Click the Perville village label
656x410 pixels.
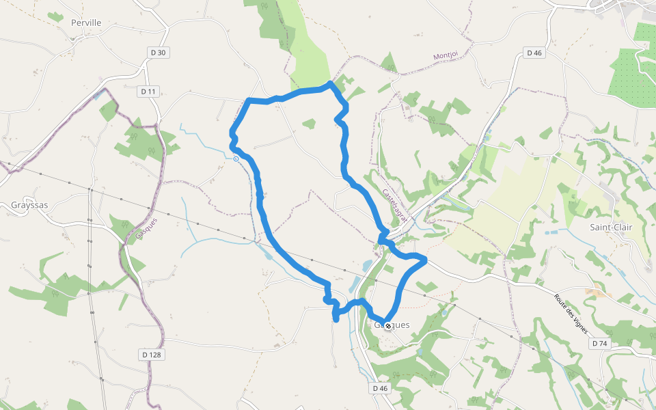(86, 23)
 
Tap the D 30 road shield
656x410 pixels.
(157, 53)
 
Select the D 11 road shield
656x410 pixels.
(148, 92)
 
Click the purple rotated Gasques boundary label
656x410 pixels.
(146, 228)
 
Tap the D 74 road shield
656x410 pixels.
(599, 343)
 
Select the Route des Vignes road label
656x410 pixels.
(571, 314)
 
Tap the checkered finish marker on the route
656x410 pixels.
(387, 326)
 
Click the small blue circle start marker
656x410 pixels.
(236, 159)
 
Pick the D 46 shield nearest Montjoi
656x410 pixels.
(534, 53)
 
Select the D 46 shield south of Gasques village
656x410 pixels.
(380, 388)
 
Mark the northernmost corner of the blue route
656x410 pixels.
(331, 83)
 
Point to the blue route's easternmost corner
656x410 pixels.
(426, 259)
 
